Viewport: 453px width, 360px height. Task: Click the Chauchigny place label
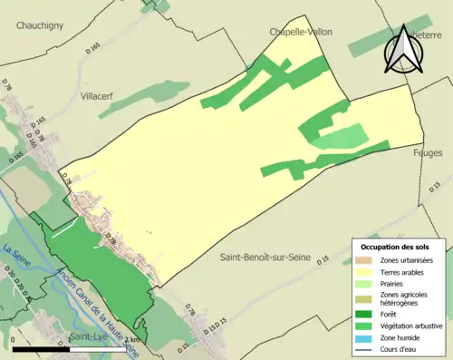click(x=40, y=26)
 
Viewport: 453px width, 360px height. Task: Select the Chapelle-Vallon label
click(x=300, y=32)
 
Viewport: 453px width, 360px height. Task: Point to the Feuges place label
click(x=428, y=153)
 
